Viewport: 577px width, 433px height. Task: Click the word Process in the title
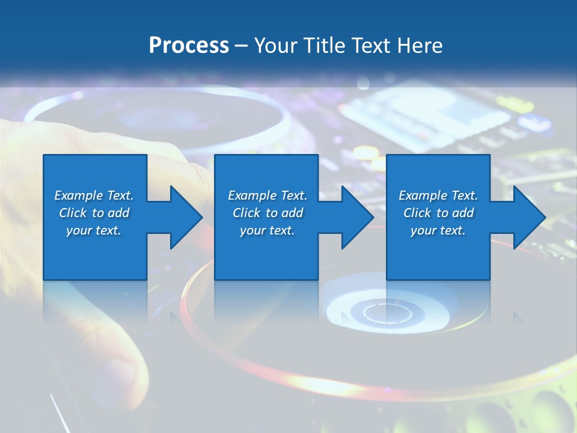point(189,45)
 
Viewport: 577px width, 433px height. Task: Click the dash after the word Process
point(241,46)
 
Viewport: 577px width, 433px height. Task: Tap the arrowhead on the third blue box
point(528,217)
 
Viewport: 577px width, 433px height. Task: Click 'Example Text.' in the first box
point(94,195)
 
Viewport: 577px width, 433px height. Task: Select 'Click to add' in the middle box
point(267,213)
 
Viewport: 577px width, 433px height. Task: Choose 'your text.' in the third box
point(438,230)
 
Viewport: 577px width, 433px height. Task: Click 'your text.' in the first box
point(94,230)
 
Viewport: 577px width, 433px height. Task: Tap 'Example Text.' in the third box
point(438,195)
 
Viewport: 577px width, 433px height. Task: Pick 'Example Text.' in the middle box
point(267,195)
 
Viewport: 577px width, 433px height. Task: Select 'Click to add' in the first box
point(94,213)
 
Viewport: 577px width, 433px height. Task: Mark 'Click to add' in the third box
point(438,213)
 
